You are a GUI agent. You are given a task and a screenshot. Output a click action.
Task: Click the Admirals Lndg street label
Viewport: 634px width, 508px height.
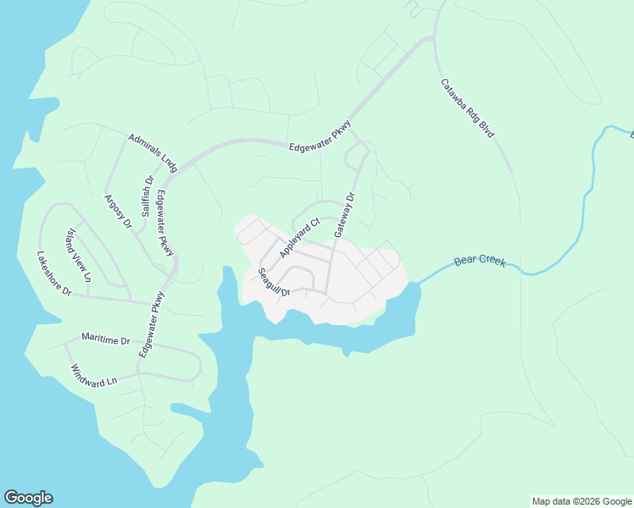[153, 152]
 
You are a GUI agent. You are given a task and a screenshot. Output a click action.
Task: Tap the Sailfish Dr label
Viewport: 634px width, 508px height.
[147, 196]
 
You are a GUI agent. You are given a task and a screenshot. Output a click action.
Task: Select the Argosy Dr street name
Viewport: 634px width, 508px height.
[117, 212]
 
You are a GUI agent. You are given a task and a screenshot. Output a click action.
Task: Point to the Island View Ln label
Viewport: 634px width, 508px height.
[78, 255]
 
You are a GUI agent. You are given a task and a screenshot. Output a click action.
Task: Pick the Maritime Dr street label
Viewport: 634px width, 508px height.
[106, 340]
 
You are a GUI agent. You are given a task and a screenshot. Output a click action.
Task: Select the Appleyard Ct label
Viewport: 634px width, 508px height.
[299, 238]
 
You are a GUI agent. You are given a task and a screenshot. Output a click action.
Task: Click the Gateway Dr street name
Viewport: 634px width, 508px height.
[343, 214]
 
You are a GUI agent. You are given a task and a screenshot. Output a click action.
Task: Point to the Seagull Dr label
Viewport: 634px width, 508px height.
[274, 282]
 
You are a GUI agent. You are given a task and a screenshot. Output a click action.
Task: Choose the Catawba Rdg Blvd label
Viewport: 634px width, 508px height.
[467, 108]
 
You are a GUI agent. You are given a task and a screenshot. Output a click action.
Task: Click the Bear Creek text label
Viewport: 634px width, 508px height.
[480, 262]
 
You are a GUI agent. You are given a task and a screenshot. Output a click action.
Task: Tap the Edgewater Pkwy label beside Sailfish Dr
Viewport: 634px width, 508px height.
[165, 223]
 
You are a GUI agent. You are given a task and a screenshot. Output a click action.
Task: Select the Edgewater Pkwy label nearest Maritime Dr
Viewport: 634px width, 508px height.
[150, 324]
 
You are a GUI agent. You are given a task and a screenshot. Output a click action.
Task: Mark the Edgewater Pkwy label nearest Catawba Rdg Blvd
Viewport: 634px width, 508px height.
[320, 135]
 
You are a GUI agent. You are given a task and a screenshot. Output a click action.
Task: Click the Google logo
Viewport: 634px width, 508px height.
[28, 498]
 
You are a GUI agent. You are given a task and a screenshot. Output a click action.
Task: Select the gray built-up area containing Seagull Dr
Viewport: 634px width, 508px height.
[356, 279]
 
